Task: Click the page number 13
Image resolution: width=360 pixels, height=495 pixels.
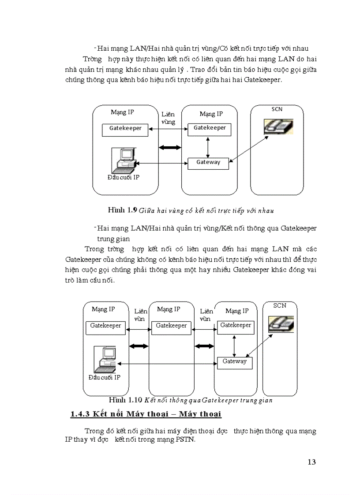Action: pos(311,462)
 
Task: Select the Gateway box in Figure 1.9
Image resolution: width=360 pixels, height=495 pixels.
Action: pos(208,163)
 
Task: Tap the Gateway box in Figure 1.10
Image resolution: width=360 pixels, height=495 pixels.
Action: pos(234,362)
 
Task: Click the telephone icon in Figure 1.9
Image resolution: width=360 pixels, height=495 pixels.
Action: pos(278,127)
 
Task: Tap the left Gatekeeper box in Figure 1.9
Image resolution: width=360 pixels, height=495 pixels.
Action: pos(126,129)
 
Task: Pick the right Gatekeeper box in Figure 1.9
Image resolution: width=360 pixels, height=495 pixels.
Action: pos(210,128)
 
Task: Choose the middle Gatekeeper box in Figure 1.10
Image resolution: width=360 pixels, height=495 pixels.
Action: pos(172,326)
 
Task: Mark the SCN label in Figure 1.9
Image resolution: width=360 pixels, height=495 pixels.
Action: pos(277,109)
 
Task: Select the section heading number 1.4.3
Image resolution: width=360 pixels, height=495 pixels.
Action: pos(80,414)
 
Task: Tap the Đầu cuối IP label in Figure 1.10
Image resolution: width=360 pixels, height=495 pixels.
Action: pos(104,377)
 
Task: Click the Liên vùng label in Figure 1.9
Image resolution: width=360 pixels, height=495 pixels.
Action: pos(168,118)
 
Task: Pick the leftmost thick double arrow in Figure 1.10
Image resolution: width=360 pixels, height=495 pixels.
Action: pos(138,346)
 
